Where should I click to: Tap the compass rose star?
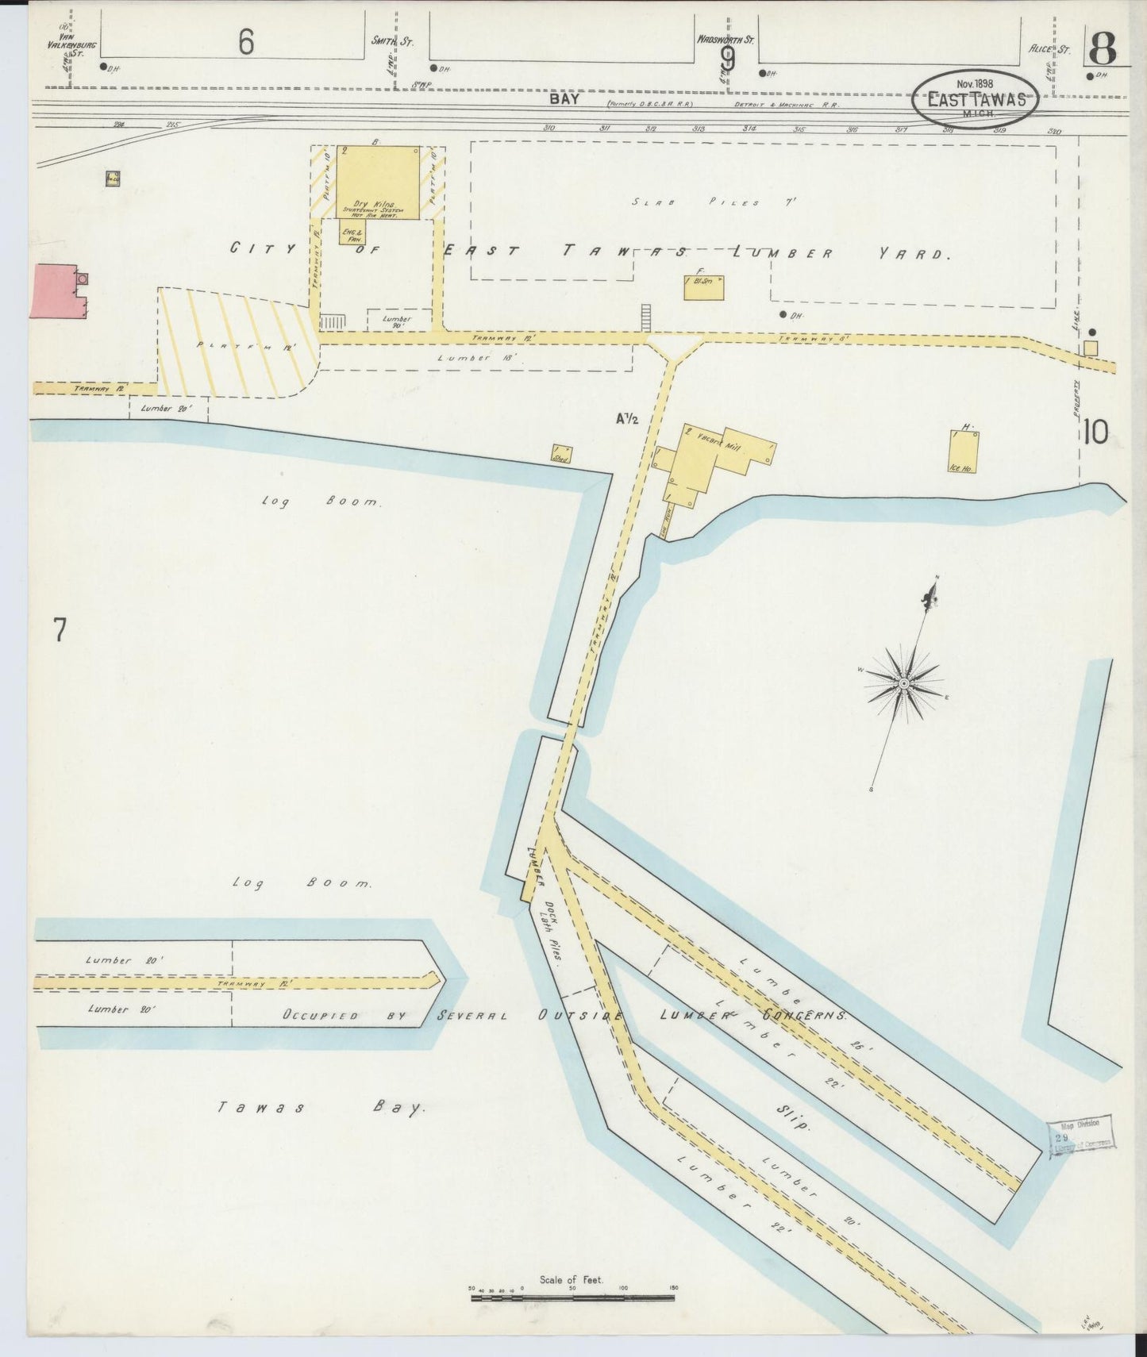[x=903, y=683]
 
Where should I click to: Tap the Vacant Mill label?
[x=720, y=442]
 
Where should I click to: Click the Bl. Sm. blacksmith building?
[x=703, y=287]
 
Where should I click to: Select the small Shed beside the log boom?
[x=561, y=454]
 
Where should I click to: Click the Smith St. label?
[x=389, y=40]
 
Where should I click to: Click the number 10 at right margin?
[x=1095, y=432]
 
